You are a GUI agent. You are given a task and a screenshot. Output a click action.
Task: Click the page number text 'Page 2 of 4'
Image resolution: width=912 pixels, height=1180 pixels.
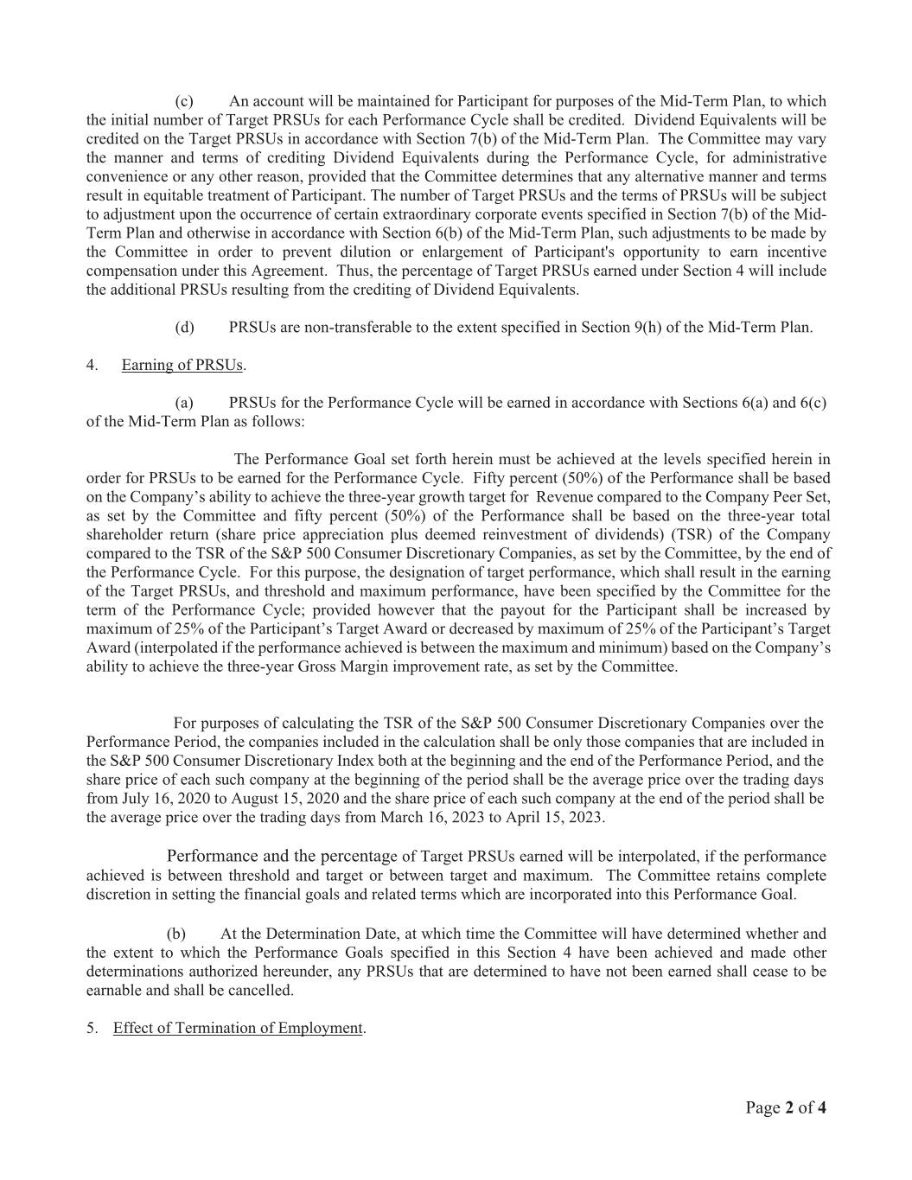click(x=786, y=1108)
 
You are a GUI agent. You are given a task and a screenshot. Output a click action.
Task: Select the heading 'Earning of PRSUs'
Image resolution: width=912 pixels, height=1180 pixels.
click(x=182, y=365)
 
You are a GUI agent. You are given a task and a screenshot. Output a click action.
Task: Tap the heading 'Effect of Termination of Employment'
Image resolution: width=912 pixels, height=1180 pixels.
click(x=238, y=1028)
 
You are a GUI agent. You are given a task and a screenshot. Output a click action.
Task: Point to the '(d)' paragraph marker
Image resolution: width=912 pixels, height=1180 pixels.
click(x=184, y=327)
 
